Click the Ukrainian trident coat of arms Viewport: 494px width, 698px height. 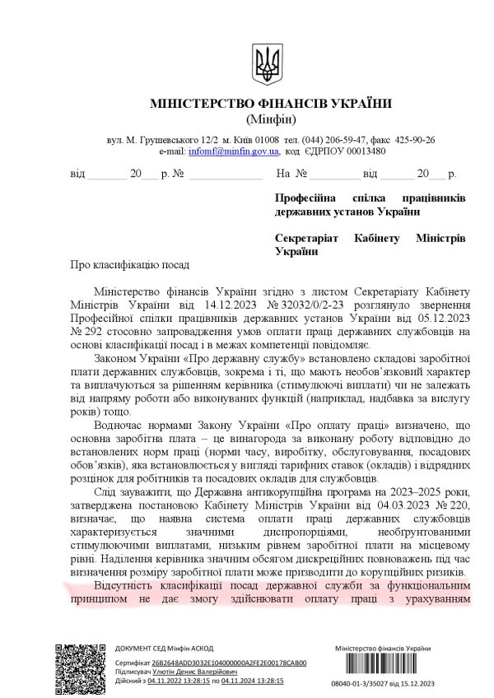point(266,61)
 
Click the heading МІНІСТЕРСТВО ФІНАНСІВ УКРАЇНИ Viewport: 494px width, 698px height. point(271,104)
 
